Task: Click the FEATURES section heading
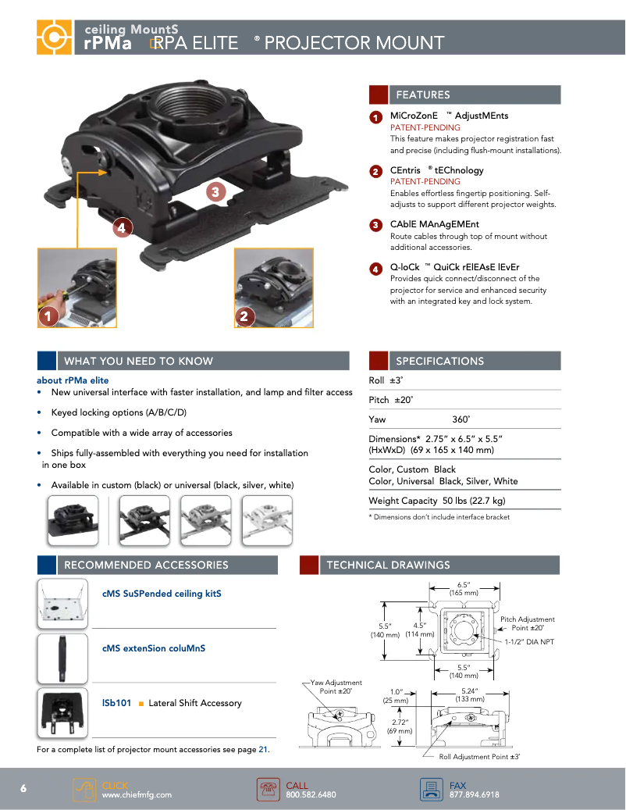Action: click(x=423, y=95)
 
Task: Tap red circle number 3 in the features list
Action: click(x=375, y=225)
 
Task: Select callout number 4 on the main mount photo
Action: click(x=121, y=228)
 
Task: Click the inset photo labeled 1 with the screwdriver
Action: click(x=76, y=287)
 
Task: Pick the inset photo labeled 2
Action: click(x=274, y=287)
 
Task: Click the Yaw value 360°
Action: click(x=461, y=419)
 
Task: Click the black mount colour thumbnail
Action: click(x=73, y=519)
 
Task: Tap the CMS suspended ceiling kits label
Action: click(x=162, y=594)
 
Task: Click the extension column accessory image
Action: click(x=63, y=658)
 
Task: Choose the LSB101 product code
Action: click(x=117, y=703)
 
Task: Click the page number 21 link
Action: click(x=263, y=750)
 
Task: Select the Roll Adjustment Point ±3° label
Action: click(x=479, y=757)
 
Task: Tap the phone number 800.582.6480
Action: click(x=311, y=795)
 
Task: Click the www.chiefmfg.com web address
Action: click(x=137, y=795)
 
